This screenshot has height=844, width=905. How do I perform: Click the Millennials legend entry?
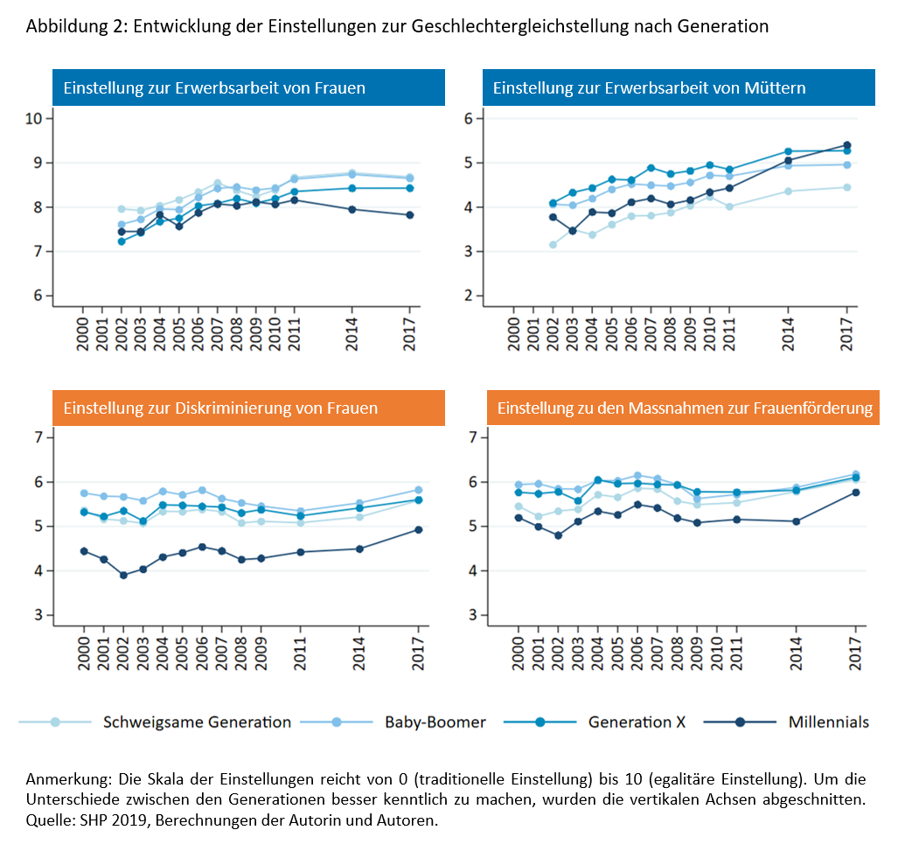(786, 722)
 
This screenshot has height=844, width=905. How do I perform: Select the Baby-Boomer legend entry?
(393, 722)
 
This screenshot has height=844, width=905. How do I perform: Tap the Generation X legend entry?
(595, 722)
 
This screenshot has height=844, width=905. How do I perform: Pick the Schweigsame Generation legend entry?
(155, 722)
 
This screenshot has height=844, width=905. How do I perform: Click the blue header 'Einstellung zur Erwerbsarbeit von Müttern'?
(679, 87)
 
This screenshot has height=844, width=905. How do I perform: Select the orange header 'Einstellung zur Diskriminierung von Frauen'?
(248, 408)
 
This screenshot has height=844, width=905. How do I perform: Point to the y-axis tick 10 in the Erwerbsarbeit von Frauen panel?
(34, 118)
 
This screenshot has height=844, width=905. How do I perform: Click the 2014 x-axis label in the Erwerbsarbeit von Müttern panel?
(788, 334)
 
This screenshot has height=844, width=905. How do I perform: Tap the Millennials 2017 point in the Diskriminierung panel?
(419, 529)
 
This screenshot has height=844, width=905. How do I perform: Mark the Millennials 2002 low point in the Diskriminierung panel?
(123, 575)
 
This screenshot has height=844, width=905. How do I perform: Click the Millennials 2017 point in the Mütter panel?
(846, 145)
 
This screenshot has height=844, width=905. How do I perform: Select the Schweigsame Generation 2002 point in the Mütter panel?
(553, 245)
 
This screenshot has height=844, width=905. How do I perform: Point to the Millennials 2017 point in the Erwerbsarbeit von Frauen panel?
(410, 215)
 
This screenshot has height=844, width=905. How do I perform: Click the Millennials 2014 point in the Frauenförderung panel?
(796, 521)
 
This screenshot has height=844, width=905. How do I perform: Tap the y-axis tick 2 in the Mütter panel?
(469, 296)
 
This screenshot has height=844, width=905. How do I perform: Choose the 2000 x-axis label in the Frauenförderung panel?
(519, 653)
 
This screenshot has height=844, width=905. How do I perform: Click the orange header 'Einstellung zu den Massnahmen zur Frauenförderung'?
(684, 408)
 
